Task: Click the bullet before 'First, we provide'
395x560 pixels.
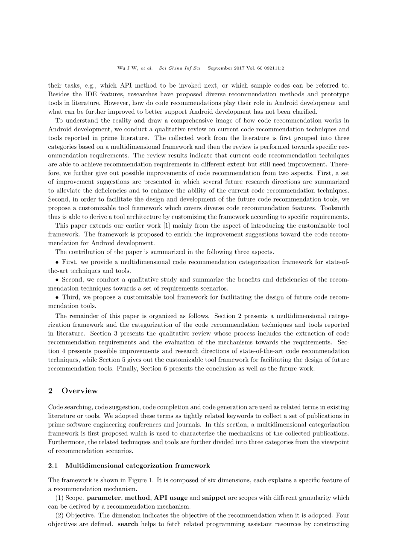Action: pyautogui.click(x=57, y=262)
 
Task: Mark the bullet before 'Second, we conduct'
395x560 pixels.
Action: pyautogui.click(x=57, y=280)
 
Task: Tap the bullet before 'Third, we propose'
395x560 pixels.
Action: pyautogui.click(x=57, y=297)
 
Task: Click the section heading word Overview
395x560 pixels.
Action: pyautogui.click(x=79, y=391)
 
